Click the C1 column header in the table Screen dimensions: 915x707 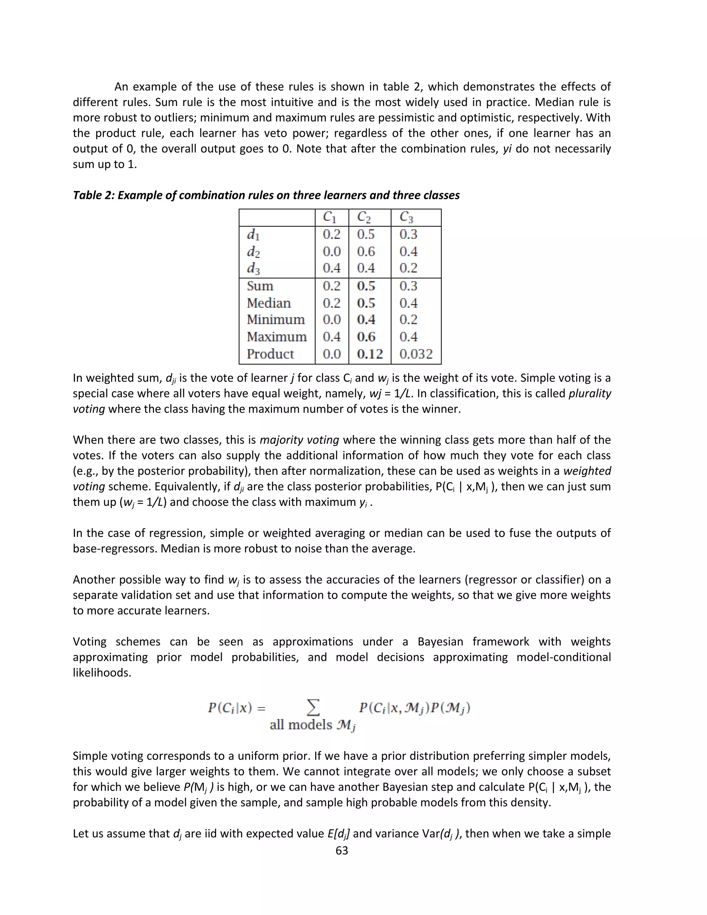(x=330, y=217)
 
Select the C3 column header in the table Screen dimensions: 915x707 (x=406, y=217)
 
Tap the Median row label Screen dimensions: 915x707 (x=269, y=303)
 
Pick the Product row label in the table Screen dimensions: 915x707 (x=270, y=354)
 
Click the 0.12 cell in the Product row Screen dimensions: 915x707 (x=369, y=354)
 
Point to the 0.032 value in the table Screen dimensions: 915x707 (x=416, y=354)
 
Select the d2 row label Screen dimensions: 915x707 (x=253, y=252)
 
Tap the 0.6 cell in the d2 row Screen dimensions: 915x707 (x=366, y=251)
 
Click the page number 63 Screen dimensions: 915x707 (x=342, y=850)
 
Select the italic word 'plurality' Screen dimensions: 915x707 (x=590, y=393)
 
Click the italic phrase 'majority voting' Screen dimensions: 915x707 (x=299, y=440)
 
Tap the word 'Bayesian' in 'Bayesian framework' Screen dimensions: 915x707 (x=440, y=642)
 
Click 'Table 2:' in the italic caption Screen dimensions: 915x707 (x=94, y=195)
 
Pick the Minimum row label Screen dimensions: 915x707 (x=275, y=320)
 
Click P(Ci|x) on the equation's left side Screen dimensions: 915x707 (x=230, y=708)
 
